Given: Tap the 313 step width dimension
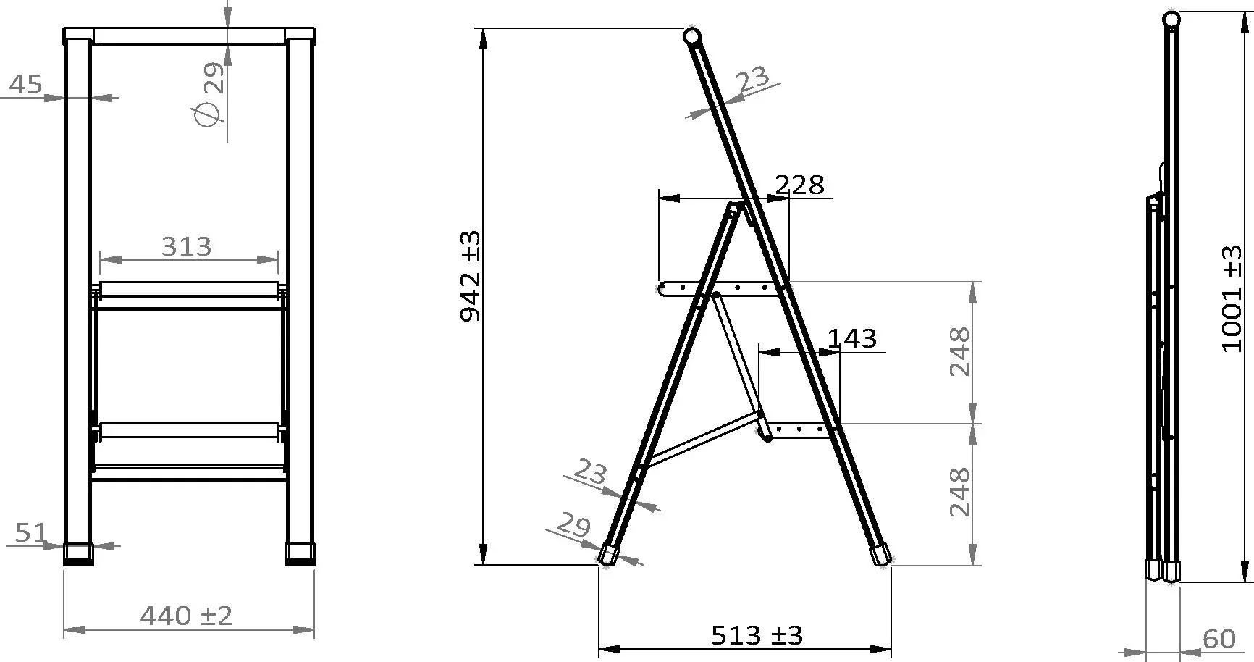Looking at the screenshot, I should [186, 247].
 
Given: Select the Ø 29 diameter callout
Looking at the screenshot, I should [209, 94].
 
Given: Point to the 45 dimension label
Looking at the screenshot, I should [25, 85].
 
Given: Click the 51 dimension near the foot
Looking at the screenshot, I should [30, 534].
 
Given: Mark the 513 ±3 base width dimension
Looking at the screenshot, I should [757, 636].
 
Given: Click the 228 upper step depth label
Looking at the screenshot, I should [799, 185].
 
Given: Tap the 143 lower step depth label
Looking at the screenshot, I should [852, 338].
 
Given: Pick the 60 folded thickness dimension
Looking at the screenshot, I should [1219, 639].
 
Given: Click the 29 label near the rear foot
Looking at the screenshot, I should [574, 525].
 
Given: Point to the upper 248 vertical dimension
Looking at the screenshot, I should [959, 351].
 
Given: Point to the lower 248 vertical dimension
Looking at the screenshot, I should [959, 492].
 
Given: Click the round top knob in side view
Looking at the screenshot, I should [692, 35].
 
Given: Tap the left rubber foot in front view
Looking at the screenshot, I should [78, 553].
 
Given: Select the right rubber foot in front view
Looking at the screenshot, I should [300, 553].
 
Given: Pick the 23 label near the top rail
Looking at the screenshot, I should [754, 77].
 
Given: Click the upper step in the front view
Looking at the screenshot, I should [189, 290].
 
